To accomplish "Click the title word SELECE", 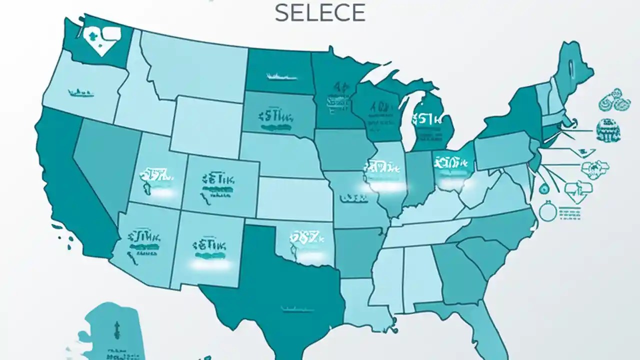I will pyautogui.click(x=320, y=12).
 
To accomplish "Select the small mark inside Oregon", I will pyautogui.click(x=81, y=92).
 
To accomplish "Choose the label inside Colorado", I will pyautogui.click(x=218, y=183).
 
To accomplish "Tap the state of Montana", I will pyautogui.click(x=195, y=65).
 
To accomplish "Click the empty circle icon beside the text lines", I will pyautogui.click(x=546, y=211).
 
